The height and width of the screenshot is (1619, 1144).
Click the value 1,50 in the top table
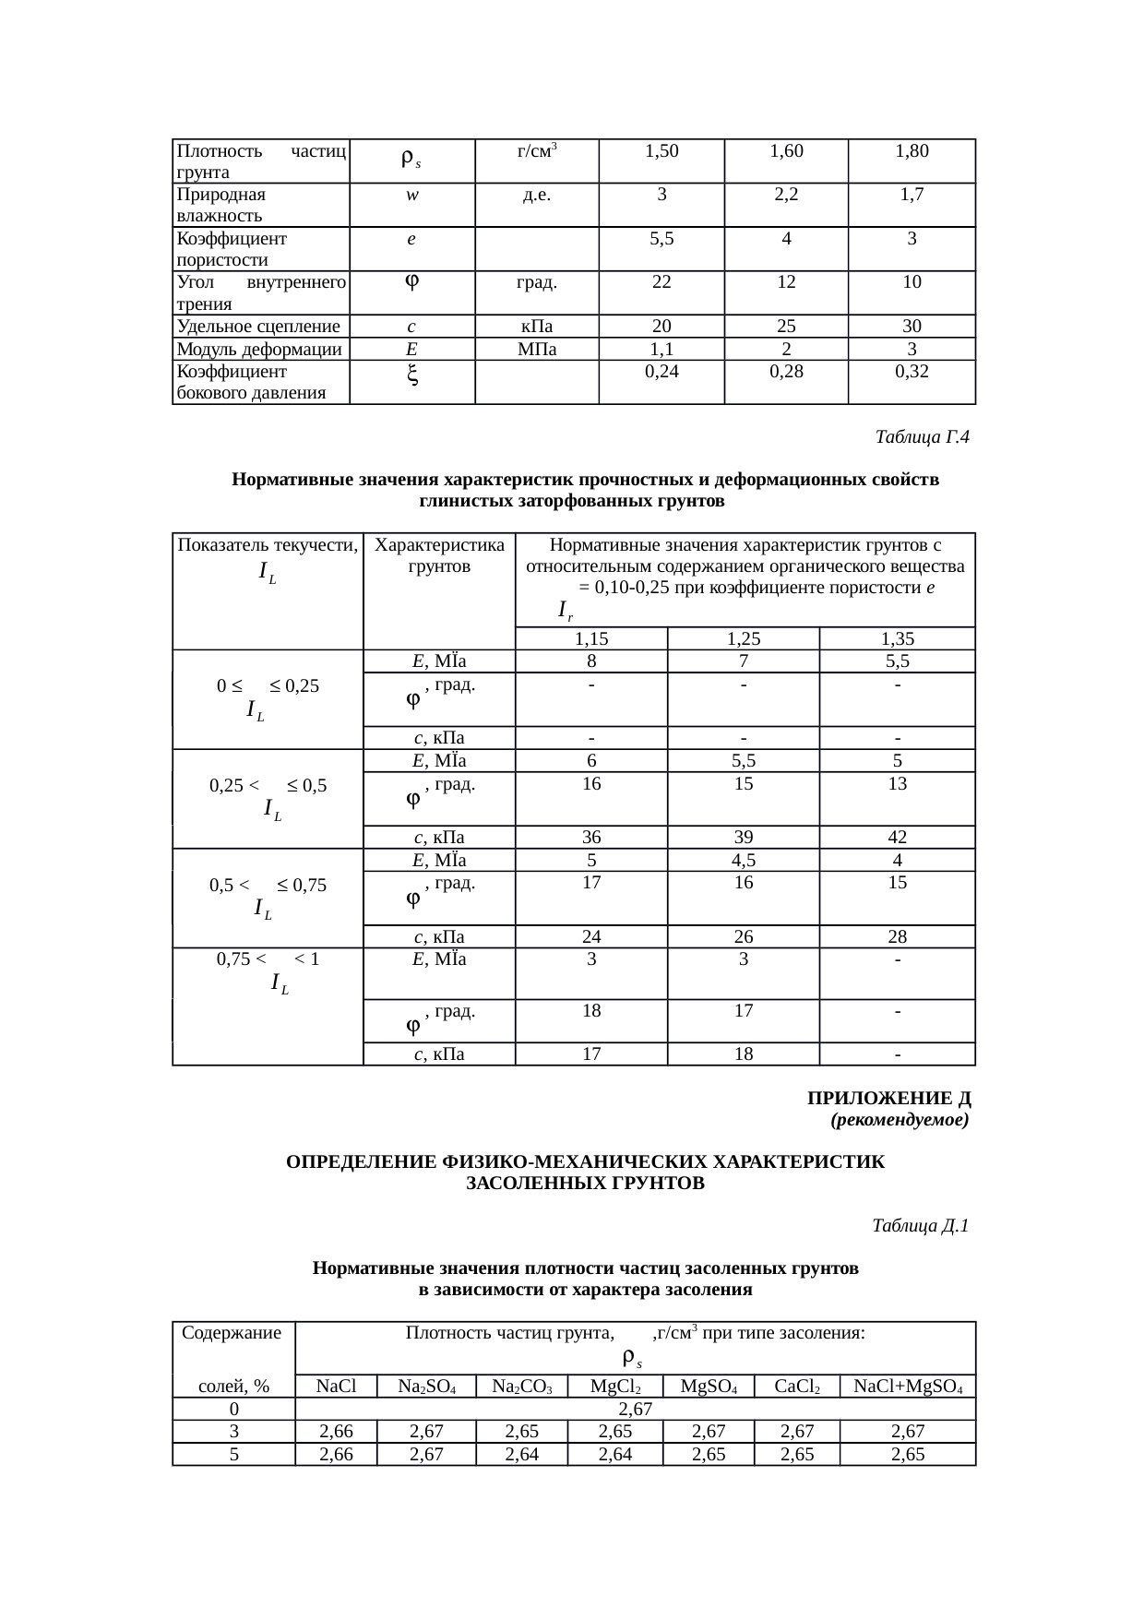[x=661, y=151]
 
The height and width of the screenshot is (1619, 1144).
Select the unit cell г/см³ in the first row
[x=536, y=151]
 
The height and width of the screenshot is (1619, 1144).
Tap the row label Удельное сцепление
[x=258, y=326]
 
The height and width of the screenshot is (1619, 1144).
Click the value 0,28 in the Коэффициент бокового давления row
[x=786, y=371]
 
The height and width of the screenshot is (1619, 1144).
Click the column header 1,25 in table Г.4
[x=743, y=638]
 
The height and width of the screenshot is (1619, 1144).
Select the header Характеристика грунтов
[x=439, y=555]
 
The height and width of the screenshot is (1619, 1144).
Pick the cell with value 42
[x=897, y=837]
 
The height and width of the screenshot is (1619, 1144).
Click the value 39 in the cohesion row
[x=743, y=837]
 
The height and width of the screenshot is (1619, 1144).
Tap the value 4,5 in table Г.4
[x=743, y=860]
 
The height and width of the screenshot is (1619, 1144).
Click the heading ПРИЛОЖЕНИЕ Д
[x=888, y=1099]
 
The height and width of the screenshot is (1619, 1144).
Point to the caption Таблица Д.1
[x=920, y=1226]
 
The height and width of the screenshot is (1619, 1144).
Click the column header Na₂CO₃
[x=521, y=1387]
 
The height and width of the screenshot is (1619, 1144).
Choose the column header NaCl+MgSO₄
[x=908, y=1387]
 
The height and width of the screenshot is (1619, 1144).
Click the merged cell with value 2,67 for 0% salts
[x=635, y=1409]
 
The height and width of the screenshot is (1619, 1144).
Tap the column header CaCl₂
[x=796, y=1387]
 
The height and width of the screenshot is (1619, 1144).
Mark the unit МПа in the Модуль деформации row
[x=536, y=349]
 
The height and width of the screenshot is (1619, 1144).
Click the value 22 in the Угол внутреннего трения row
[x=661, y=282]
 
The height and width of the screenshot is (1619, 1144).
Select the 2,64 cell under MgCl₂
[x=614, y=1454]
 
